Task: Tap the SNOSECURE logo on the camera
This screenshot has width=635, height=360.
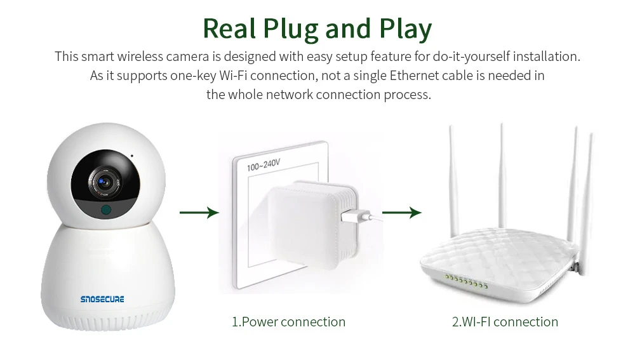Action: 103,299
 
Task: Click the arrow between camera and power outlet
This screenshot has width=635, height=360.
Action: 199,213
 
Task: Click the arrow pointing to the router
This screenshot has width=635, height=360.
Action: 401,213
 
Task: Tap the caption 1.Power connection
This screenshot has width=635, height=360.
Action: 288,322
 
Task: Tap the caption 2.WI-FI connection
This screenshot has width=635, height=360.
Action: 505,322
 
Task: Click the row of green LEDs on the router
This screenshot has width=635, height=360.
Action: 465,281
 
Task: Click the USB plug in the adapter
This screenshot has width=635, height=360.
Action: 351,215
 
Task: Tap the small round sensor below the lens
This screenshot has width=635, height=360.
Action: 105,210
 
